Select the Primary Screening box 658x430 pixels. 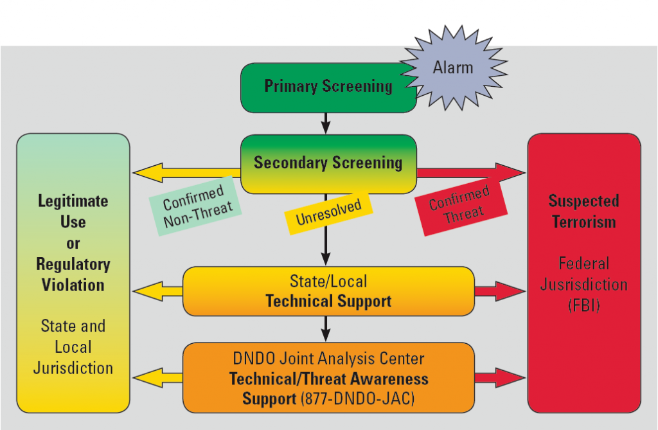(328, 87)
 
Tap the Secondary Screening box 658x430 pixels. (328, 163)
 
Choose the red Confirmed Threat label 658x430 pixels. (459, 205)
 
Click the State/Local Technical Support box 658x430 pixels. (328, 291)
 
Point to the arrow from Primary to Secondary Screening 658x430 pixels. (326, 123)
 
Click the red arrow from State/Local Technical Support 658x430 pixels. (500, 291)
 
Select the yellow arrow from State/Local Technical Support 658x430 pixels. (157, 291)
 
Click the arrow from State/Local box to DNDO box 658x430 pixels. (326, 328)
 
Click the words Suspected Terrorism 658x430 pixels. (583, 211)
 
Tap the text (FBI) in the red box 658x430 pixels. (583, 305)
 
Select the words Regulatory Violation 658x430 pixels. (73, 274)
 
